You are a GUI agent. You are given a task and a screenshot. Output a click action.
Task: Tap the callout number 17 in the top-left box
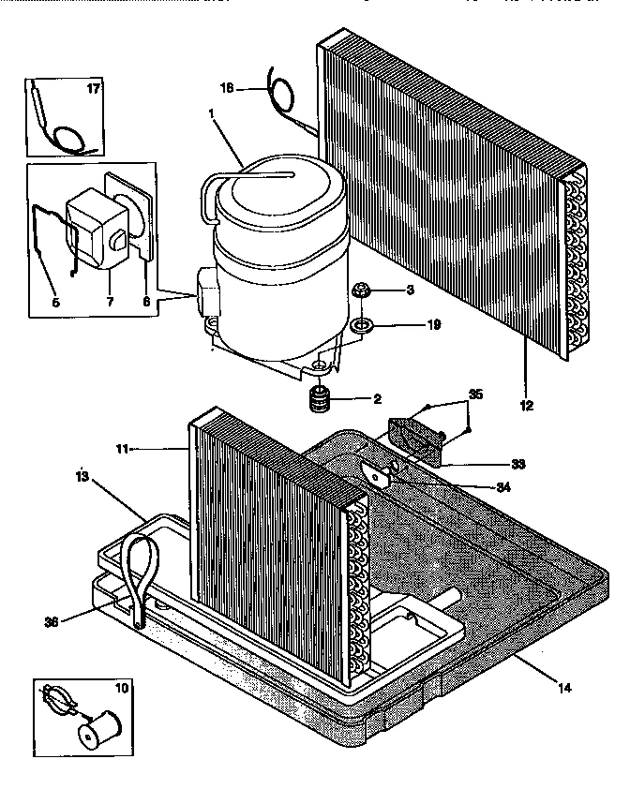click(93, 90)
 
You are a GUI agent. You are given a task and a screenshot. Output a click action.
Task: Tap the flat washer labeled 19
click(363, 327)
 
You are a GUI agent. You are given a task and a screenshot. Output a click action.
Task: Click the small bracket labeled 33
click(414, 437)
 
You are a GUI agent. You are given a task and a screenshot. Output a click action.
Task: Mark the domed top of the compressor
click(267, 183)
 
